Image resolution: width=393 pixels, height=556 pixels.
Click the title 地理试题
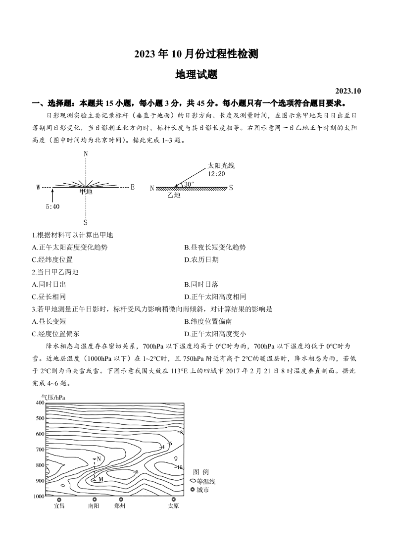coord(196,75)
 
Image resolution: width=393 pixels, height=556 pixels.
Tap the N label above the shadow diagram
coord(86,154)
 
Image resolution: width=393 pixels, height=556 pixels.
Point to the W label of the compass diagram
coord(39,188)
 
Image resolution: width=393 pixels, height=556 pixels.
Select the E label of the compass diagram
coord(133,187)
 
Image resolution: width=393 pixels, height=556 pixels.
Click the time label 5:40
coord(52,207)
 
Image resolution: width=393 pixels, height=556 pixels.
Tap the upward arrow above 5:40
coord(52,196)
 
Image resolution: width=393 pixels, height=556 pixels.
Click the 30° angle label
coord(189,184)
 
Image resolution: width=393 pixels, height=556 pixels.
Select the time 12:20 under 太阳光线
coord(217,174)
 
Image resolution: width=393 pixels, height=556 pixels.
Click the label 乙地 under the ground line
coord(174,195)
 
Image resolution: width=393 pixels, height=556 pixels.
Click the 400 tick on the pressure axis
coord(40,403)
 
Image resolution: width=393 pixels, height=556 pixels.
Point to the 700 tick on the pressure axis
coord(40,450)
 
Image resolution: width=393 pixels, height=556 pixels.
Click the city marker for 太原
coord(173,499)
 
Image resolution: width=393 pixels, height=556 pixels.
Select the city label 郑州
coord(120,506)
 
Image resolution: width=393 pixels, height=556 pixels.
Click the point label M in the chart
coord(100,479)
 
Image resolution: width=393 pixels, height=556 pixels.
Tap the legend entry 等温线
coord(206,481)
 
